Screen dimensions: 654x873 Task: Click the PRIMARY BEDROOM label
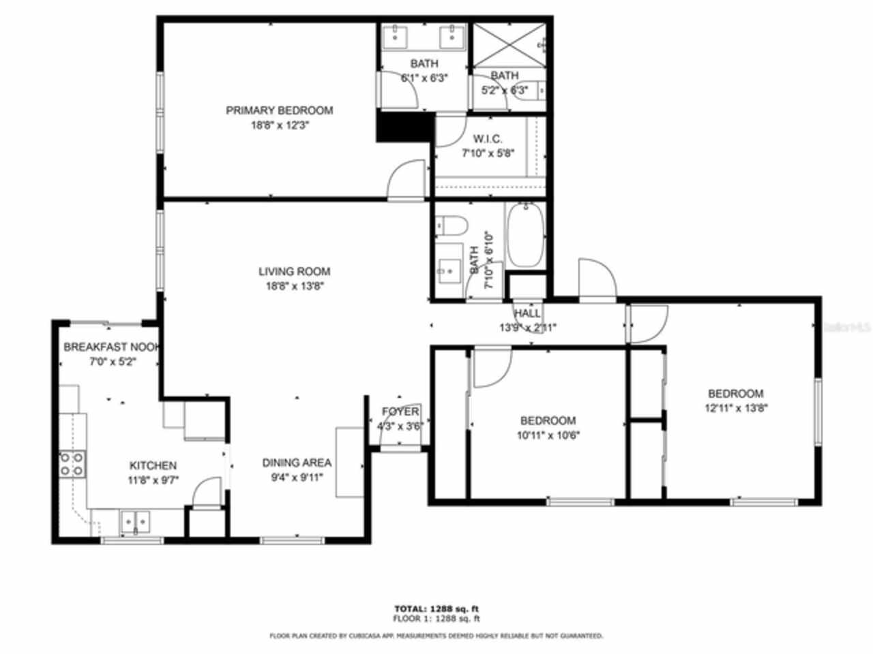click(x=279, y=110)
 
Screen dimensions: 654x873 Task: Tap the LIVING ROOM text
click(x=294, y=271)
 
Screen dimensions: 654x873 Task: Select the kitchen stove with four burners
click(x=72, y=464)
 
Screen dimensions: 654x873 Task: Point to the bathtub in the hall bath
click(x=525, y=235)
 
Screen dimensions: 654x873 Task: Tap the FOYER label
click(x=400, y=412)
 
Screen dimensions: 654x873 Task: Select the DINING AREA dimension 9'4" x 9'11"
click(x=297, y=477)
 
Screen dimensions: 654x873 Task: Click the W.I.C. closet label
click(x=488, y=139)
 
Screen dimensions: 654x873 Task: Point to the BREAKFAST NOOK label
click(x=112, y=347)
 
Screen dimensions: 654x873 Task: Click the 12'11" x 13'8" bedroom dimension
click(x=735, y=409)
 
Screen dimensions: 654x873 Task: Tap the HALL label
click(x=527, y=313)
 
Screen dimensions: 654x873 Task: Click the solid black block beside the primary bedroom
click(x=405, y=127)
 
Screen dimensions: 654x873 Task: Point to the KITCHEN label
click(x=153, y=466)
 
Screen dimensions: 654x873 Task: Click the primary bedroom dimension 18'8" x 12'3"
click(x=280, y=125)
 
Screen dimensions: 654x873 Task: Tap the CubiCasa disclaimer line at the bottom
click(x=436, y=636)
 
